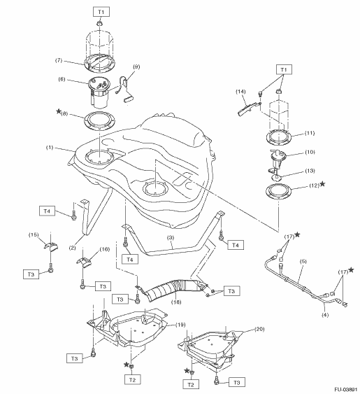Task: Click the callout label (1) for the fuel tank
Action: (50, 148)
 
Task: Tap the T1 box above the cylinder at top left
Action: (101, 12)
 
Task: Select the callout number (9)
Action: (136, 67)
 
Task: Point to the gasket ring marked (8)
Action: (100, 121)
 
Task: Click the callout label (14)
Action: (240, 92)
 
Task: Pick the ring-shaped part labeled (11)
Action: (279, 137)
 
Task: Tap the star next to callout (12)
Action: (323, 184)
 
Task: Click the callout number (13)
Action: (310, 171)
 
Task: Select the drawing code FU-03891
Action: (346, 390)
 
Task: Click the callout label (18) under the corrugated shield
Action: (176, 302)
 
